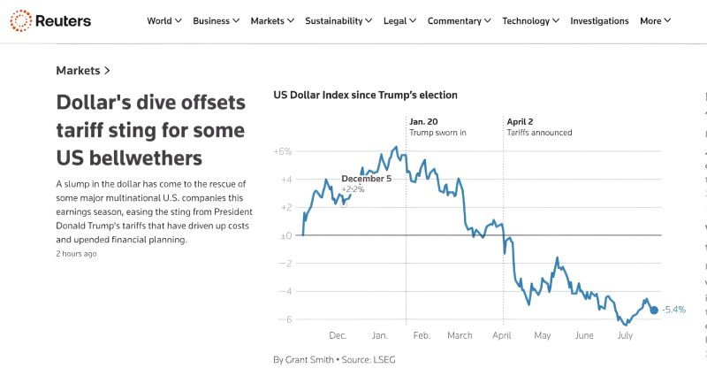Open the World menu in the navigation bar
pyautogui.click(x=164, y=21)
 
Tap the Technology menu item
pyautogui.click(x=530, y=21)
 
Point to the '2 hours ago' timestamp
pyautogui.click(x=76, y=254)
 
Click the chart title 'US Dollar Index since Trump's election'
pyautogui.click(x=365, y=95)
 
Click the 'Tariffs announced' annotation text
pyautogui.click(x=539, y=133)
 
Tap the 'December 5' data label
pyautogui.click(x=366, y=179)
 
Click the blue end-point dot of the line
pyautogui.click(x=654, y=309)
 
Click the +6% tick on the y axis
pyautogui.click(x=283, y=151)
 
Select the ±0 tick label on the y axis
pyautogui.click(x=285, y=235)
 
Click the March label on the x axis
pyautogui.click(x=460, y=336)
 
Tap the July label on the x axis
pyautogui.click(x=625, y=336)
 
